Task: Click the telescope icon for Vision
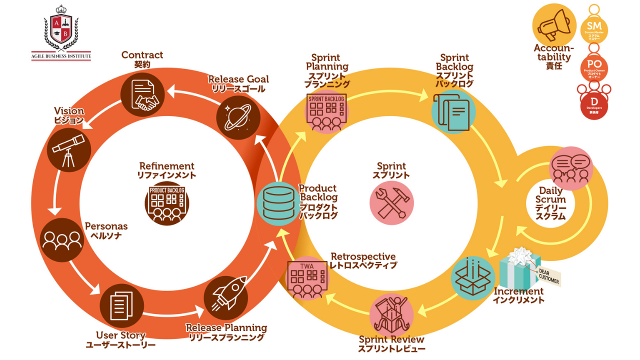coord(68,150)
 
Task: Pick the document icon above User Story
coord(121,305)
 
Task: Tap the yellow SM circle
coord(593,28)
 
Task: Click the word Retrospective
coord(362,256)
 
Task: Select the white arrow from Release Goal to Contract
coord(192,92)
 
